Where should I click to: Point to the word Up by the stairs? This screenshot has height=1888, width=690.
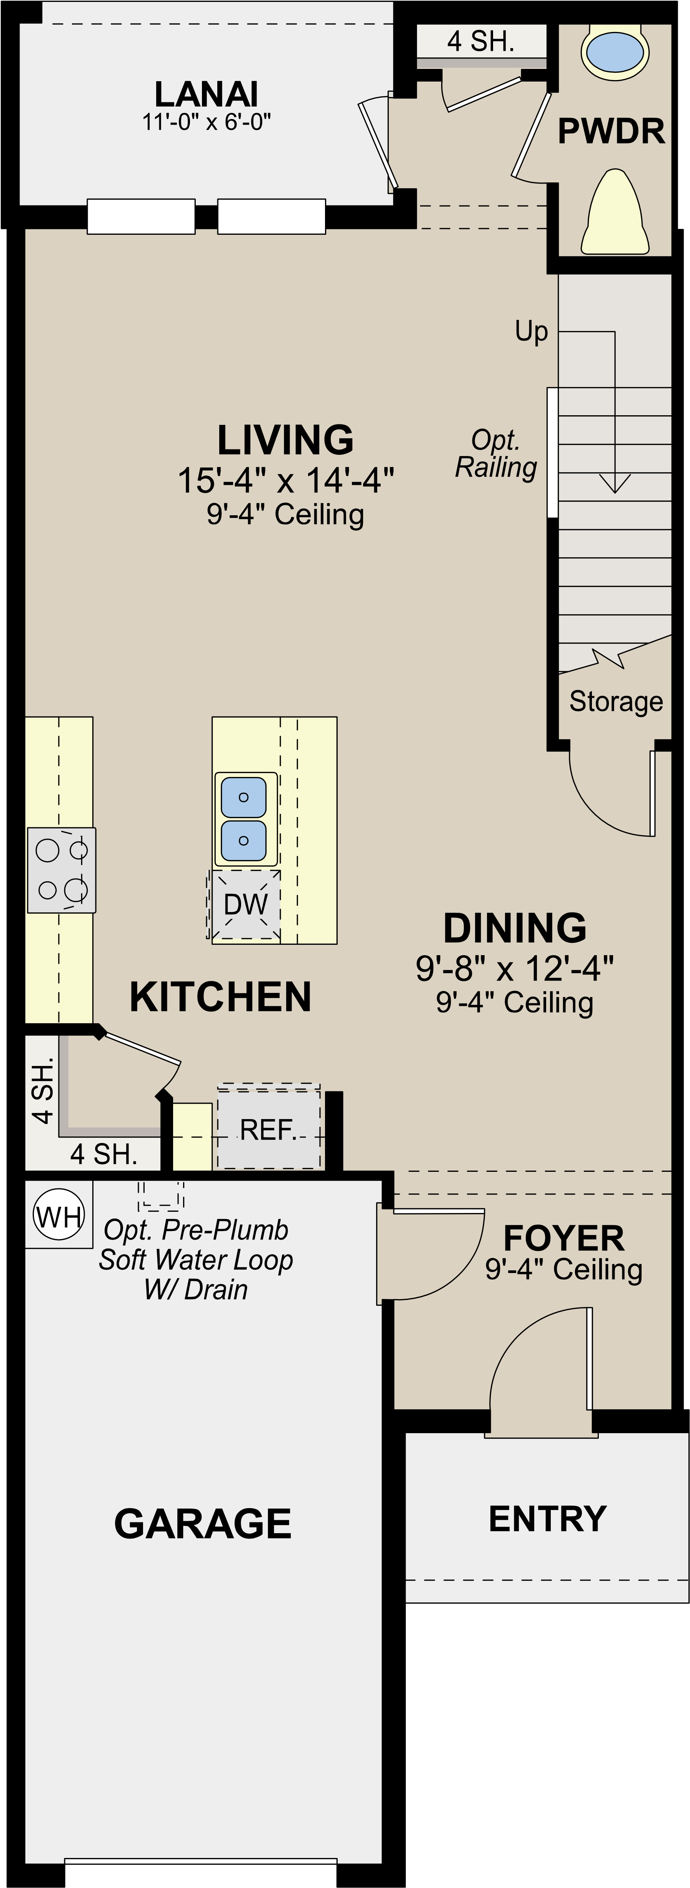[531, 331]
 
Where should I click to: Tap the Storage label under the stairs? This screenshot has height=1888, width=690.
[616, 702]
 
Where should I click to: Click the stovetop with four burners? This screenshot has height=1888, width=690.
[62, 870]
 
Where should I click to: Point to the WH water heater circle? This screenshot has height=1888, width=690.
[58, 1217]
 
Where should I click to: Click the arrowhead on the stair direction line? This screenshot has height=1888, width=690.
[615, 484]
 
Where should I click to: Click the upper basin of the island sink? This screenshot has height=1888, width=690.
[243, 797]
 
